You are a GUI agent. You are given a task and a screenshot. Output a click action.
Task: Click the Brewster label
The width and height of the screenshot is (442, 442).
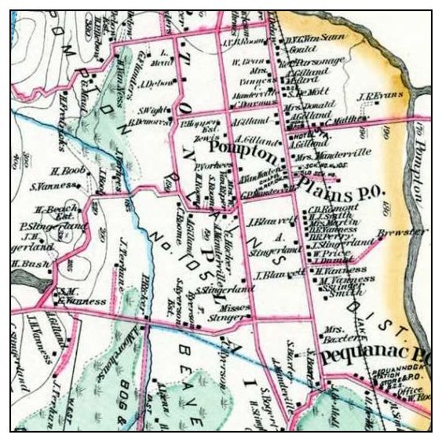point(401,233)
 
